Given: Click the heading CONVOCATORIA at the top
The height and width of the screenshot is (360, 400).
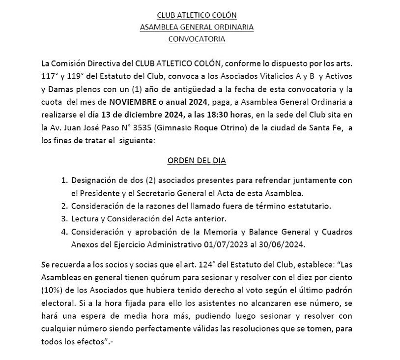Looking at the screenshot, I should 197,39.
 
